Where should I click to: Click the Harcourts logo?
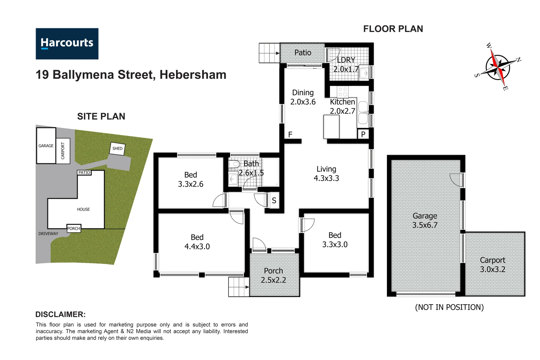(x=67, y=44)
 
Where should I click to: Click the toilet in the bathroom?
(x=234, y=164)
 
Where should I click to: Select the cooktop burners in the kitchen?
(x=343, y=92)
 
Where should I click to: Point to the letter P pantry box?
(x=363, y=134)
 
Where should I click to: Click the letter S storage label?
(x=274, y=200)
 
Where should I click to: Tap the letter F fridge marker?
(x=290, y=134)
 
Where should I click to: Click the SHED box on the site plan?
(x=117, y=149)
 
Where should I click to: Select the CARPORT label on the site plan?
(x=63, y=151)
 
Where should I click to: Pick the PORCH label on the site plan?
(x=74, y=228)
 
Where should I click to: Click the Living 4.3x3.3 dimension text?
(x=326, y=178)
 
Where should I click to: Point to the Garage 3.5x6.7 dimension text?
(x=425, y=225)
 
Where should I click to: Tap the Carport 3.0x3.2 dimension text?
(x=492, y=269)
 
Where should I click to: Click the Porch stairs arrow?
(x=247, y=287)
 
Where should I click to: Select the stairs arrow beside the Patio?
(x=277, y=53)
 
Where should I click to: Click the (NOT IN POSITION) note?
(x=449, y=307)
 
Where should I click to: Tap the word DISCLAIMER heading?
(x=60, y=314)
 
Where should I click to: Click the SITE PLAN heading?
(x=101, y=116)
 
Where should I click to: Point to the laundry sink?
(x=364, y=73)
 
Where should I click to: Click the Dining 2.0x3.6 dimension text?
(x=303, y=102)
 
